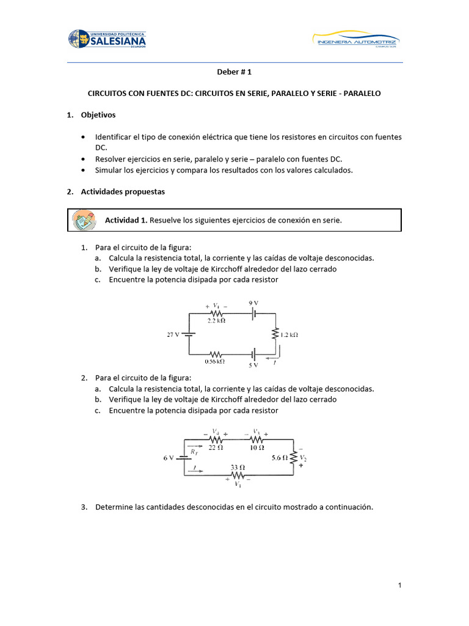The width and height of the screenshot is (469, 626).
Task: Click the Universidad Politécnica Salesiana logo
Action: [x=107, y=40]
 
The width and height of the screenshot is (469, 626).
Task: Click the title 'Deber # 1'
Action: [x=234, y=72]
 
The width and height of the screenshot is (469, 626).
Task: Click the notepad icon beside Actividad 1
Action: [x=82, y=219]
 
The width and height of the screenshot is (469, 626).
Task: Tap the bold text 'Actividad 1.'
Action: [x=126, y=220]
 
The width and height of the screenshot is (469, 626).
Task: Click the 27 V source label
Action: [x=173, y=334]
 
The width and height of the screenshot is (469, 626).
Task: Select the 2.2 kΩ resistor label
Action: [x=216, y=320]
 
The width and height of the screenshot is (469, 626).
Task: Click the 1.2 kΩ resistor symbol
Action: [x=275, y=334]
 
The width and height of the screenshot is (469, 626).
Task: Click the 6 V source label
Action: [x=169, y=457]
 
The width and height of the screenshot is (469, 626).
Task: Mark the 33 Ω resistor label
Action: [x=237, y=467]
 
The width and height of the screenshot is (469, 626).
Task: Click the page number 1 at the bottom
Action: [x=399, y=586]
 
